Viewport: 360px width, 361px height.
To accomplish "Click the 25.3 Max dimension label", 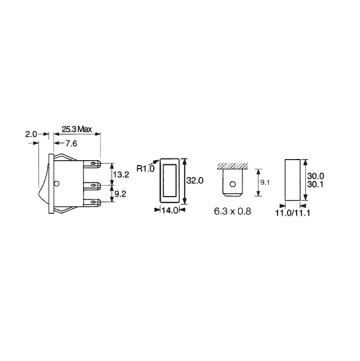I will click(x=79, y=130).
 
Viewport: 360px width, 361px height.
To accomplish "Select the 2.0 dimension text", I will click(x=31, y=133).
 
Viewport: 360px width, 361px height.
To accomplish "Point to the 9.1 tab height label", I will click(x=261, y=183).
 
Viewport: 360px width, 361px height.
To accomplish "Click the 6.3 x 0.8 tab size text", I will click(x=237, y=212).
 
